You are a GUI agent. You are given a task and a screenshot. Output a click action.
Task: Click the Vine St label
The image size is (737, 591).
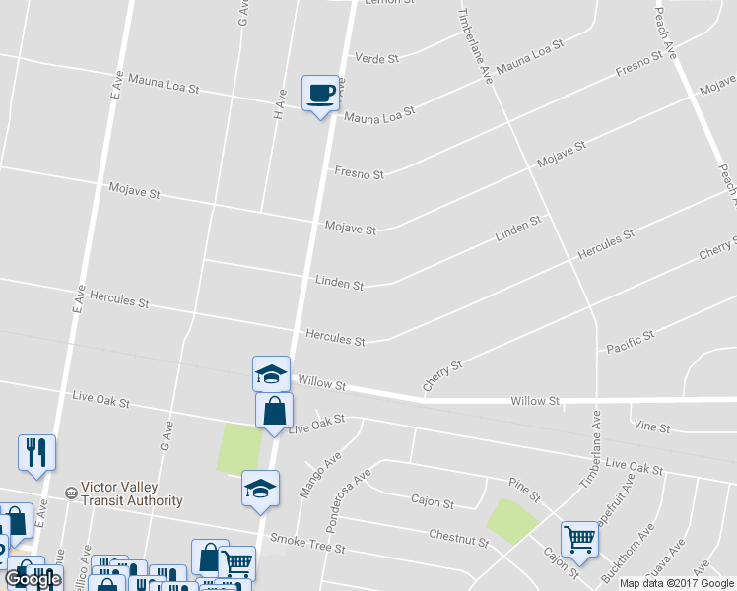pyautogui.click(x=653, y=427)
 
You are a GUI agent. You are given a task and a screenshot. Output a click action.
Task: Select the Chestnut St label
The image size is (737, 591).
pyautogui.click(x=458, y=537)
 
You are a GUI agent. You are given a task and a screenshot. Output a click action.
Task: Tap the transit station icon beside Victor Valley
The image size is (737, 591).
pyautogui.click(x=70, y=492)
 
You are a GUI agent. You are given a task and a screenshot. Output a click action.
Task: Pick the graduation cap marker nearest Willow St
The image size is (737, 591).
pyautogui.click(x=271, y=373)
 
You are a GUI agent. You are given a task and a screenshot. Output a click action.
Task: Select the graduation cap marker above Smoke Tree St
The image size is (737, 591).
pyautogui.click(x=260, y=488)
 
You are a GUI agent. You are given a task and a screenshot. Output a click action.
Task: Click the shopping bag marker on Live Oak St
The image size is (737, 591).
pyautogui.click(x=275, y=411)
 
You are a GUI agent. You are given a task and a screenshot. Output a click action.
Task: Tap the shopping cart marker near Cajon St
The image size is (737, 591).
pyautogui.click(x=579, y=538)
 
